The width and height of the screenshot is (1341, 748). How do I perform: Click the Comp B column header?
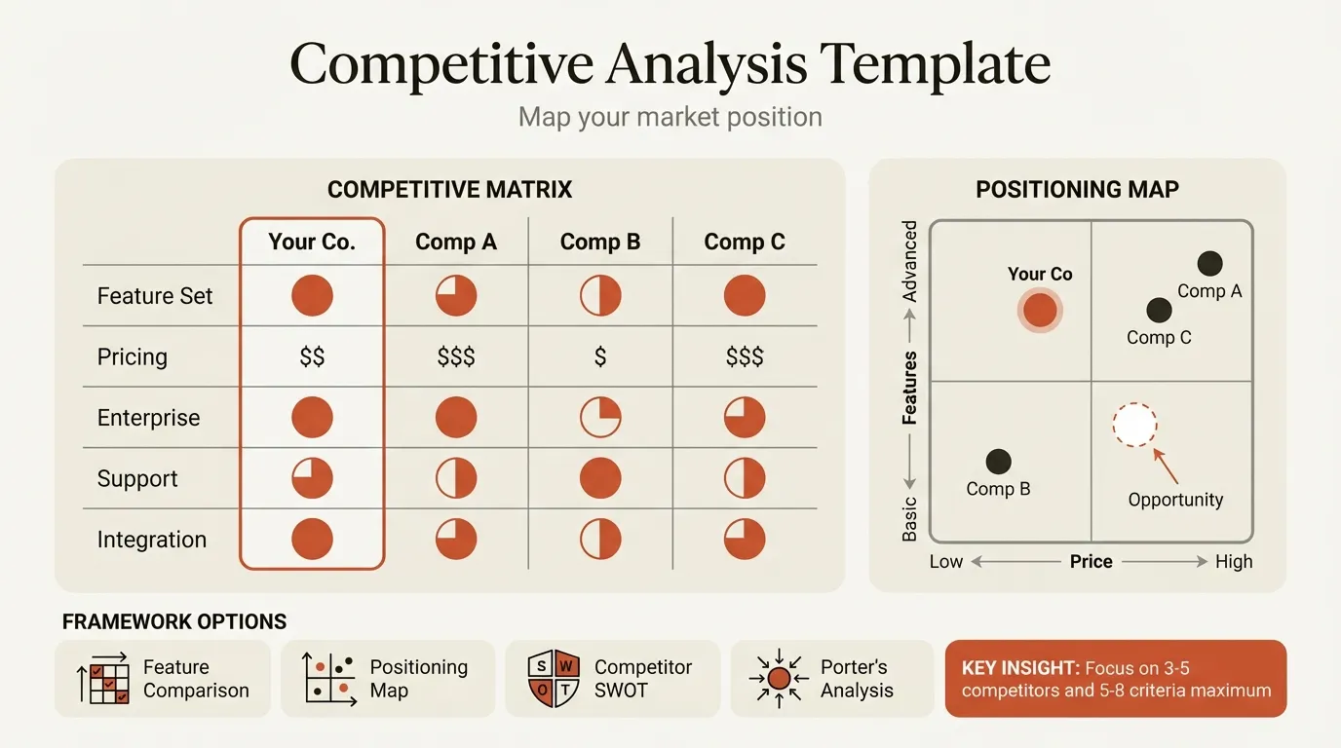(x=600, y=243)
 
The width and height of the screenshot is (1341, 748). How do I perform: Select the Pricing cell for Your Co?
(x=312, y=357)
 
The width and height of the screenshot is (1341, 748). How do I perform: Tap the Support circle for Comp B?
(x=600, y=478)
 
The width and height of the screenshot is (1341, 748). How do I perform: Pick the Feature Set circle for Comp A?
(x=456, y=295)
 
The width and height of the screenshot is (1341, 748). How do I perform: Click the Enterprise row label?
(x=148, y=418)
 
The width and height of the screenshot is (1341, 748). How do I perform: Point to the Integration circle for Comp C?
(x=745, y=540)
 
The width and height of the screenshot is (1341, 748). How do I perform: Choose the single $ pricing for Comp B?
(x=600, y=357)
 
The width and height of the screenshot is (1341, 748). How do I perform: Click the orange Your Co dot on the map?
(x=1040, y=311)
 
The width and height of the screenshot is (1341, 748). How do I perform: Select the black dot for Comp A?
(x=1209, y=263)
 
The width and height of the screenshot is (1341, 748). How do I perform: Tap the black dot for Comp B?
(x=998, y=462)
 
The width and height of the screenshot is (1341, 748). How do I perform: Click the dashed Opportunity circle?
(x=1134, y=426)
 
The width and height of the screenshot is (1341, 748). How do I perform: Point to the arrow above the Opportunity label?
(x=1166, y=466)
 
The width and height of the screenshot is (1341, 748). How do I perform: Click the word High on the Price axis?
(x=1233, y=562)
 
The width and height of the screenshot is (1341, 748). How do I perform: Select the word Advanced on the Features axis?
(x=909, y=261)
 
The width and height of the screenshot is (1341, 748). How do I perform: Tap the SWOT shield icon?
(x=554, y=679)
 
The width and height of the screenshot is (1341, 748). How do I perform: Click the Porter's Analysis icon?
(x=779, y=679)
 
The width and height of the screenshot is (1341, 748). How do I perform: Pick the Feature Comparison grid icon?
(x=103, y=679)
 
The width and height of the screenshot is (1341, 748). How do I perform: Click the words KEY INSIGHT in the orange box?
(x=1017, y=668)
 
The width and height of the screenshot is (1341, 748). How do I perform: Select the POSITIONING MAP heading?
(x=1077, y=189)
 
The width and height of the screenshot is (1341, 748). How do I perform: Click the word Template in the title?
(x=936, y=65)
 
